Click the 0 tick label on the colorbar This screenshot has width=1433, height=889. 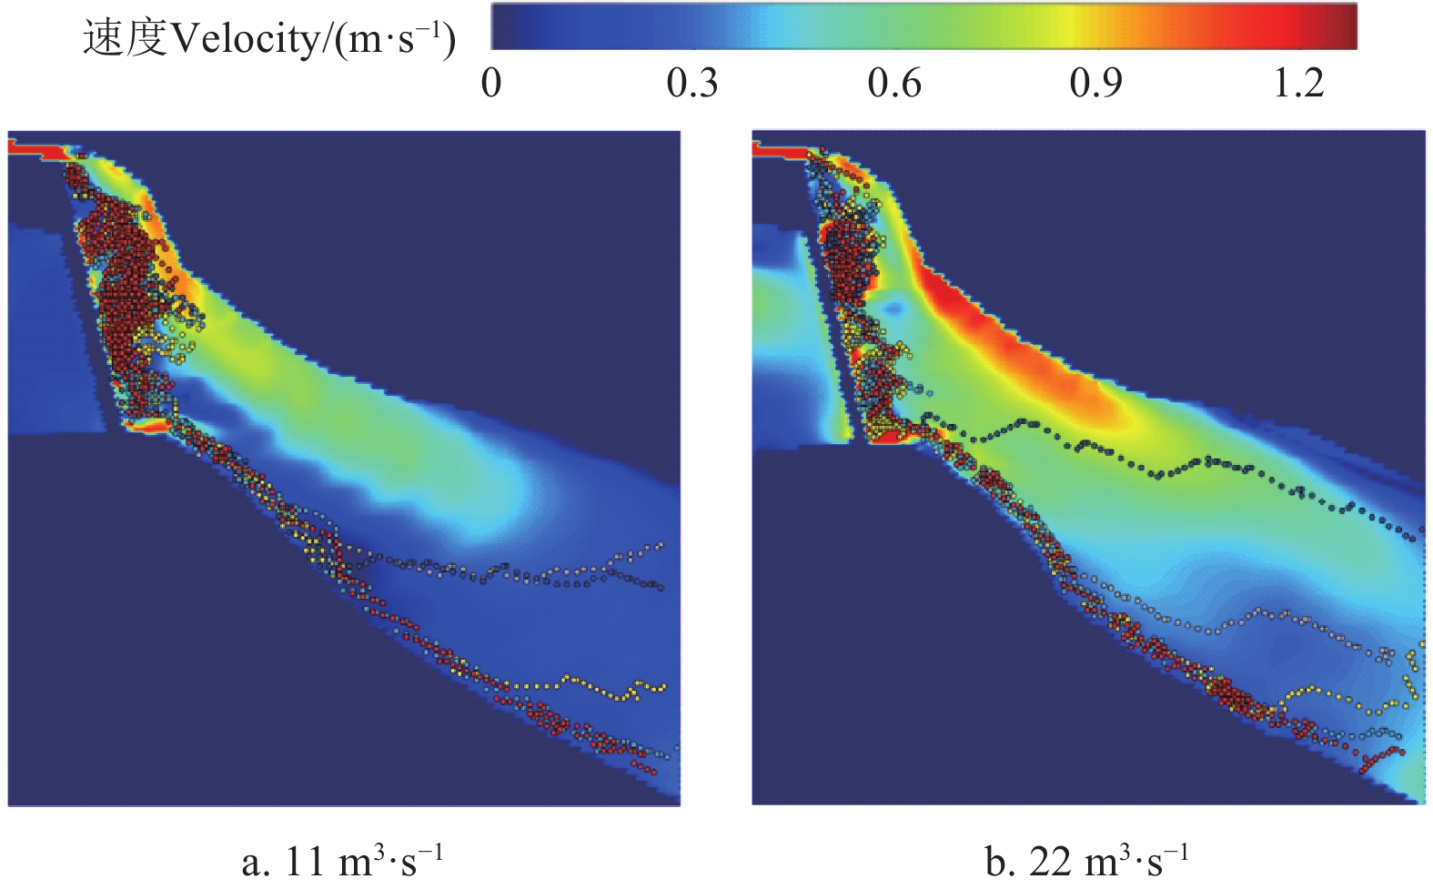(x=491, y=84)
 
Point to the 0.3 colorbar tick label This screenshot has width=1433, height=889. (x=691, y=84)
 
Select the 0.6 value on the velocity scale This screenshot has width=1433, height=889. (x=893, y=84)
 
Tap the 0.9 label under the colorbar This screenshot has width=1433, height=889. (x=1095, y=84)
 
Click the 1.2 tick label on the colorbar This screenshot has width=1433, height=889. (x=1298, y=84)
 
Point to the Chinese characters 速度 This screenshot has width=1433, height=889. (x=125, y=39)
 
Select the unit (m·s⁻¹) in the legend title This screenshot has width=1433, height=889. (x=395, y=39)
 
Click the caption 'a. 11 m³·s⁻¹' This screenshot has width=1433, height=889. (x=342, y=861)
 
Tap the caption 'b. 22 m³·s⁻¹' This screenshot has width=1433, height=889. (x=1086, y=861)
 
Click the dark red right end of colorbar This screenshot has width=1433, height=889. (x=1345, y=25)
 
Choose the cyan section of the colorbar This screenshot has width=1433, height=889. (x=782, y=25)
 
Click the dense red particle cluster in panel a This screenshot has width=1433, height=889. (x=118, y=273)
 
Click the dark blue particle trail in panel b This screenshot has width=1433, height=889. (x=1183, y=469)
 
